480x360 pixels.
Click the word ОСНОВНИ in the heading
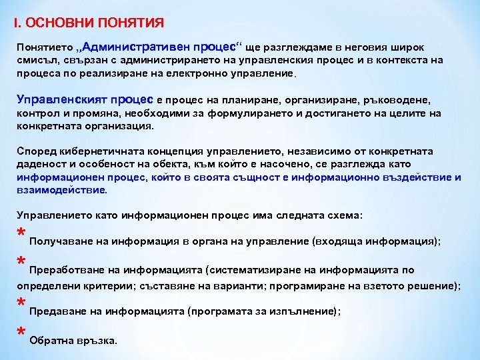[x=57, y=23]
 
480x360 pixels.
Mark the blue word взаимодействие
[x=61, y=190]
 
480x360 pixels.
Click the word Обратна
[x=51, y=340]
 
